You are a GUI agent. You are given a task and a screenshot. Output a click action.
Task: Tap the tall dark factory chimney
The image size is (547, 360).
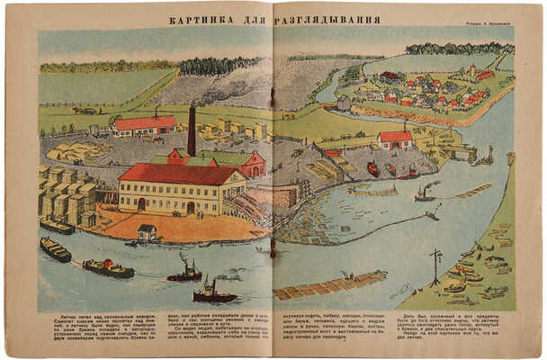192,131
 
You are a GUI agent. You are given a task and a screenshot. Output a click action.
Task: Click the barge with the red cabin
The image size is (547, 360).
108,267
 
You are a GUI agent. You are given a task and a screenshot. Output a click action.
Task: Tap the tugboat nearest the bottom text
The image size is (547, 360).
214,294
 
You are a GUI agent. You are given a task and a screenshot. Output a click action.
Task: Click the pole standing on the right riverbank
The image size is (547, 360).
435,266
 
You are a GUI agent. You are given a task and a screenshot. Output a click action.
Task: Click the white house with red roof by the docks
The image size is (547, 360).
395,140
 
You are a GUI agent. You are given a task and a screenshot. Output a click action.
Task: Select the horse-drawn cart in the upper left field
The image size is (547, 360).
85,111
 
